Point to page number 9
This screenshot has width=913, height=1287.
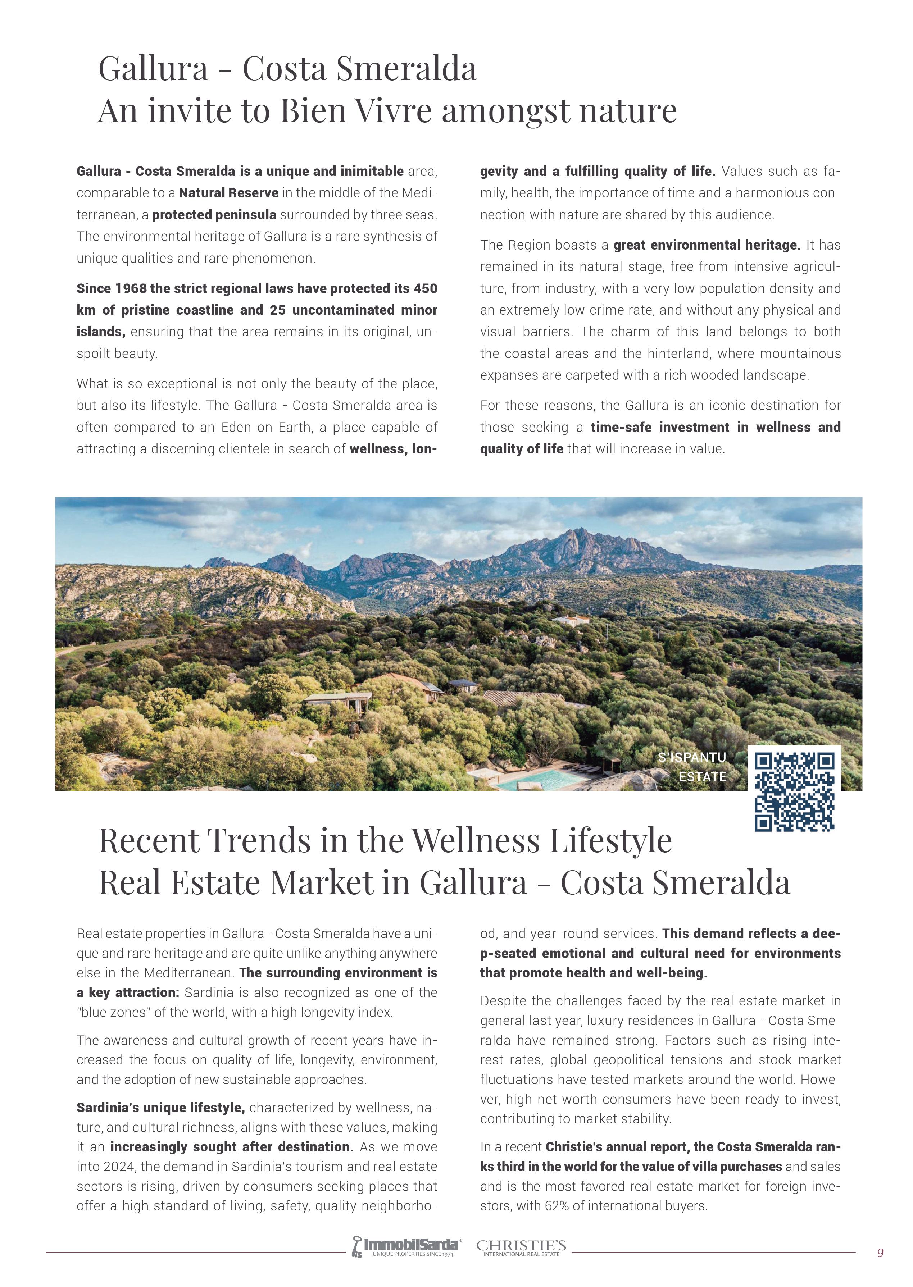point(880,1252)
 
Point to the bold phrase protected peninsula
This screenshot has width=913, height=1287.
point(214,215)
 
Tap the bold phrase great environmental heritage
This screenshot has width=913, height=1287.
point(707,245)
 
